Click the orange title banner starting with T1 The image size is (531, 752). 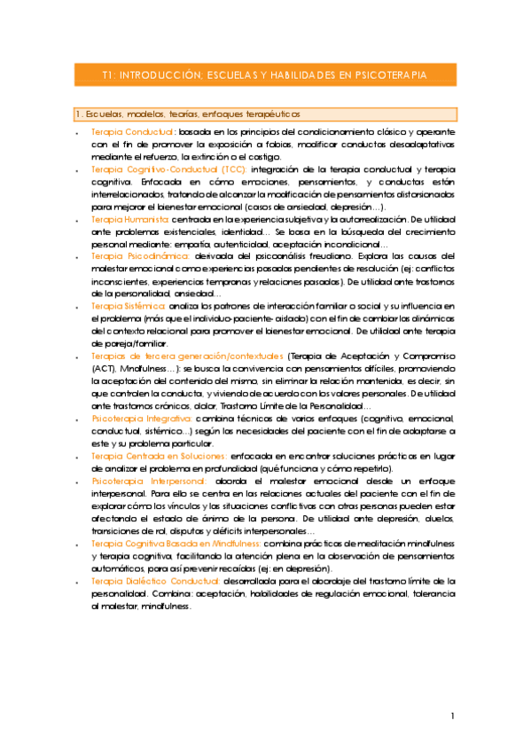click(264, 75)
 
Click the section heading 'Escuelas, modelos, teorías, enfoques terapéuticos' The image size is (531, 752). click(188, 114)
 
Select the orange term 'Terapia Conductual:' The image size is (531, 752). click(133, 131)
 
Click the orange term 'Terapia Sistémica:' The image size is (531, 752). click(129, 306)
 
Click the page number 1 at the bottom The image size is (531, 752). click(452, 716)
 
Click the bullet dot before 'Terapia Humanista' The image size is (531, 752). click(78, 219)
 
